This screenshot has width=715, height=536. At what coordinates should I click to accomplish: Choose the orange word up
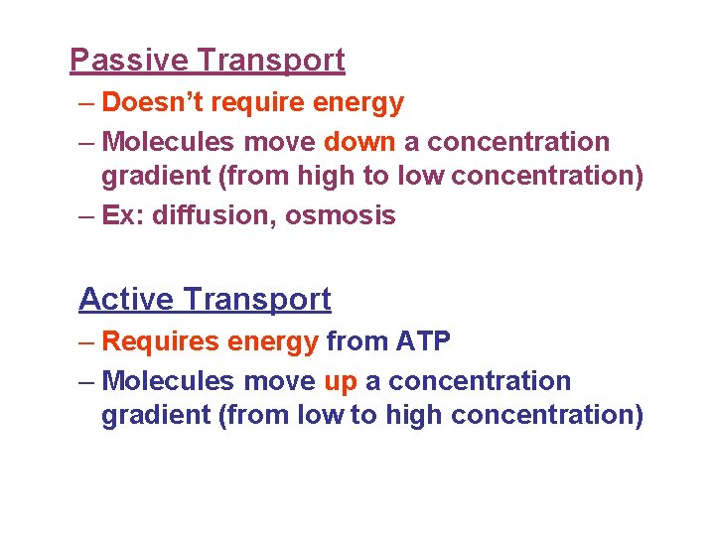(341, 381)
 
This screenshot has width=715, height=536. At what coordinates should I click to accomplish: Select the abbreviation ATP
(424, 342)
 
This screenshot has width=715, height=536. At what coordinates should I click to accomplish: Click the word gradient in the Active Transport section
(156, 415)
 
